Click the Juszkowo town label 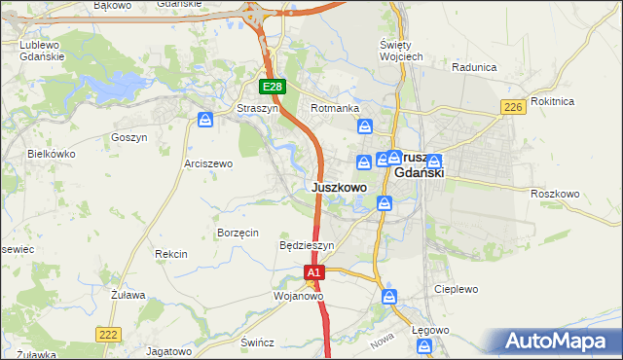click(340, 187)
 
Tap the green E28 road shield click(273, 88)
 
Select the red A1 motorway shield click(313, 274)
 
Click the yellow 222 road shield click(109, 334)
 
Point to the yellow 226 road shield click(513, 107)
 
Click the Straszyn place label click(258, 108)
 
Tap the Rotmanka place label click(335, 108)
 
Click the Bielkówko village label click(52, 154)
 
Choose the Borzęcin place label click(238, 233)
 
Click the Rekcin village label click(170, 254)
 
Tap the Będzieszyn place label click(307, 246)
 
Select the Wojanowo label click(298, 295)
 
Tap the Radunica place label click(474, 67)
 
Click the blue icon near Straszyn click(205, 120)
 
